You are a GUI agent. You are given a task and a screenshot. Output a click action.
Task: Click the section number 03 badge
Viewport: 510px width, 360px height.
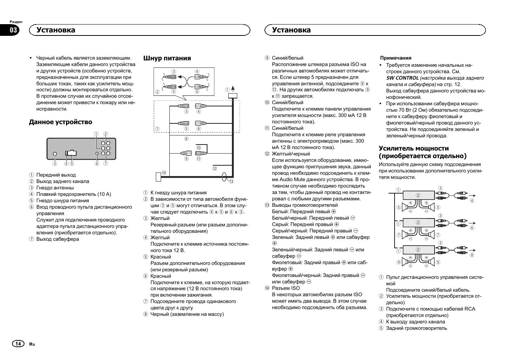[x=14, y=30]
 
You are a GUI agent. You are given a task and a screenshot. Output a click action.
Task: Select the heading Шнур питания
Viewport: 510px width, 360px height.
[x=167, y=58]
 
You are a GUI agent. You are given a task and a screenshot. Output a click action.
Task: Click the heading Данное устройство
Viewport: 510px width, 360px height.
[x=60, y=122]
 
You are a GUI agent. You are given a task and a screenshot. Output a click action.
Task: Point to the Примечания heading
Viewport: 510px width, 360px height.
[x=396, y=58]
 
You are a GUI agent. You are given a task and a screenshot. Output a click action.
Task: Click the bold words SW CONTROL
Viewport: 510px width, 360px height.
[x=402, y=78]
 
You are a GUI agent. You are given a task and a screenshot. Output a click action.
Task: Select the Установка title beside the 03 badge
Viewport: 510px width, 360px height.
[x=56, y=30]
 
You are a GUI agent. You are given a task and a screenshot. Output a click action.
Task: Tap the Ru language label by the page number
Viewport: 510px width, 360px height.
[x=32, y=344]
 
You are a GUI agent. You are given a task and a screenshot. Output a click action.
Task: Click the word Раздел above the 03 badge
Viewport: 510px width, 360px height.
[x=16, y=22]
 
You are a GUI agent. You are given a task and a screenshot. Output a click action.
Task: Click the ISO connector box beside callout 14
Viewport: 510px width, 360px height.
[x=158, y=177]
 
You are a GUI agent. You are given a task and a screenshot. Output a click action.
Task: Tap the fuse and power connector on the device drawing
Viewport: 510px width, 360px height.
[x=71, y=153]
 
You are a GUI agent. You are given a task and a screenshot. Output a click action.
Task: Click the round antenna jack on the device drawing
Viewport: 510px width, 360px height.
[x=55, y=154]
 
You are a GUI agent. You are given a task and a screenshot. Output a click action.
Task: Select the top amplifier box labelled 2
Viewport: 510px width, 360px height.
[x=418, y=195]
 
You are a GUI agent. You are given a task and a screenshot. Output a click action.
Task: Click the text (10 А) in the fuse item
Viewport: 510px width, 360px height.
[x=104, y=194]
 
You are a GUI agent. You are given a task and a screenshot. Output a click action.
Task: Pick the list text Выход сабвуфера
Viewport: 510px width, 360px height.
[x=58, y=239]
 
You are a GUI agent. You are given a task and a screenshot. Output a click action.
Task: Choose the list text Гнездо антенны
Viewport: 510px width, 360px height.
[x=55, y=188]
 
